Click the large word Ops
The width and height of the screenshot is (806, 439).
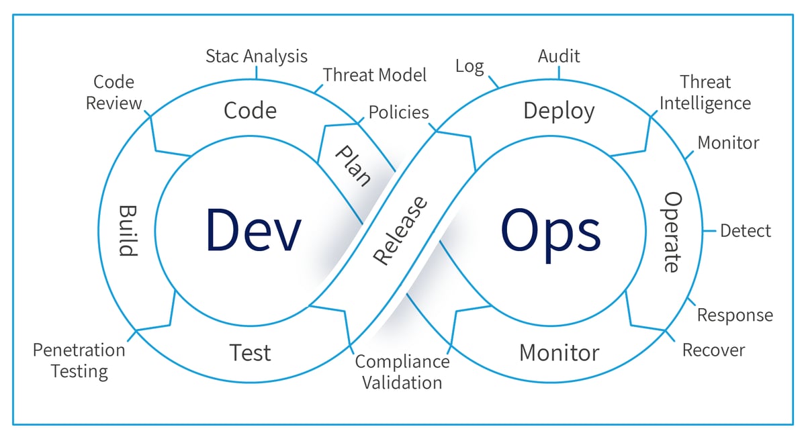tap(550, 230)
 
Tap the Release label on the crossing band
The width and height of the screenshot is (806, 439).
tap(400, 230)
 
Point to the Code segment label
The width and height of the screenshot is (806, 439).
tap(250, 110)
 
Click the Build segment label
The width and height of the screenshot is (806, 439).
tap(128, 230)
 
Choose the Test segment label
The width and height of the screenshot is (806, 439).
tap(250, 352)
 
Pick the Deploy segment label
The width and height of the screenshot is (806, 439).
tap(559, 110)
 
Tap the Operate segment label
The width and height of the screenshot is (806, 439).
tap(672, 232)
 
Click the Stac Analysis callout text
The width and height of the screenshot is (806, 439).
tap(257, 56)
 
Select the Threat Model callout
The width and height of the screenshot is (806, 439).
tap(375, 75)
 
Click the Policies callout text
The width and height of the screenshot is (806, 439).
tap(398, 112)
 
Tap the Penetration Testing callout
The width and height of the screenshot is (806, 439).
tap(79, 360)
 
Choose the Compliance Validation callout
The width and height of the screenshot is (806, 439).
tap(402, 372)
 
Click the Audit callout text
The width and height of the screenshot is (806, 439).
tap(559, 56)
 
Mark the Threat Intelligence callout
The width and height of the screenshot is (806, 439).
tap(705, 93)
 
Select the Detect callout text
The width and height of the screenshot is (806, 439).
tap(746, 231)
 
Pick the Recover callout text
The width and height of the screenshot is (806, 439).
tap(713, 350)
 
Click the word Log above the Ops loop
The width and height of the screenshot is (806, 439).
tap(469, 66)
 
